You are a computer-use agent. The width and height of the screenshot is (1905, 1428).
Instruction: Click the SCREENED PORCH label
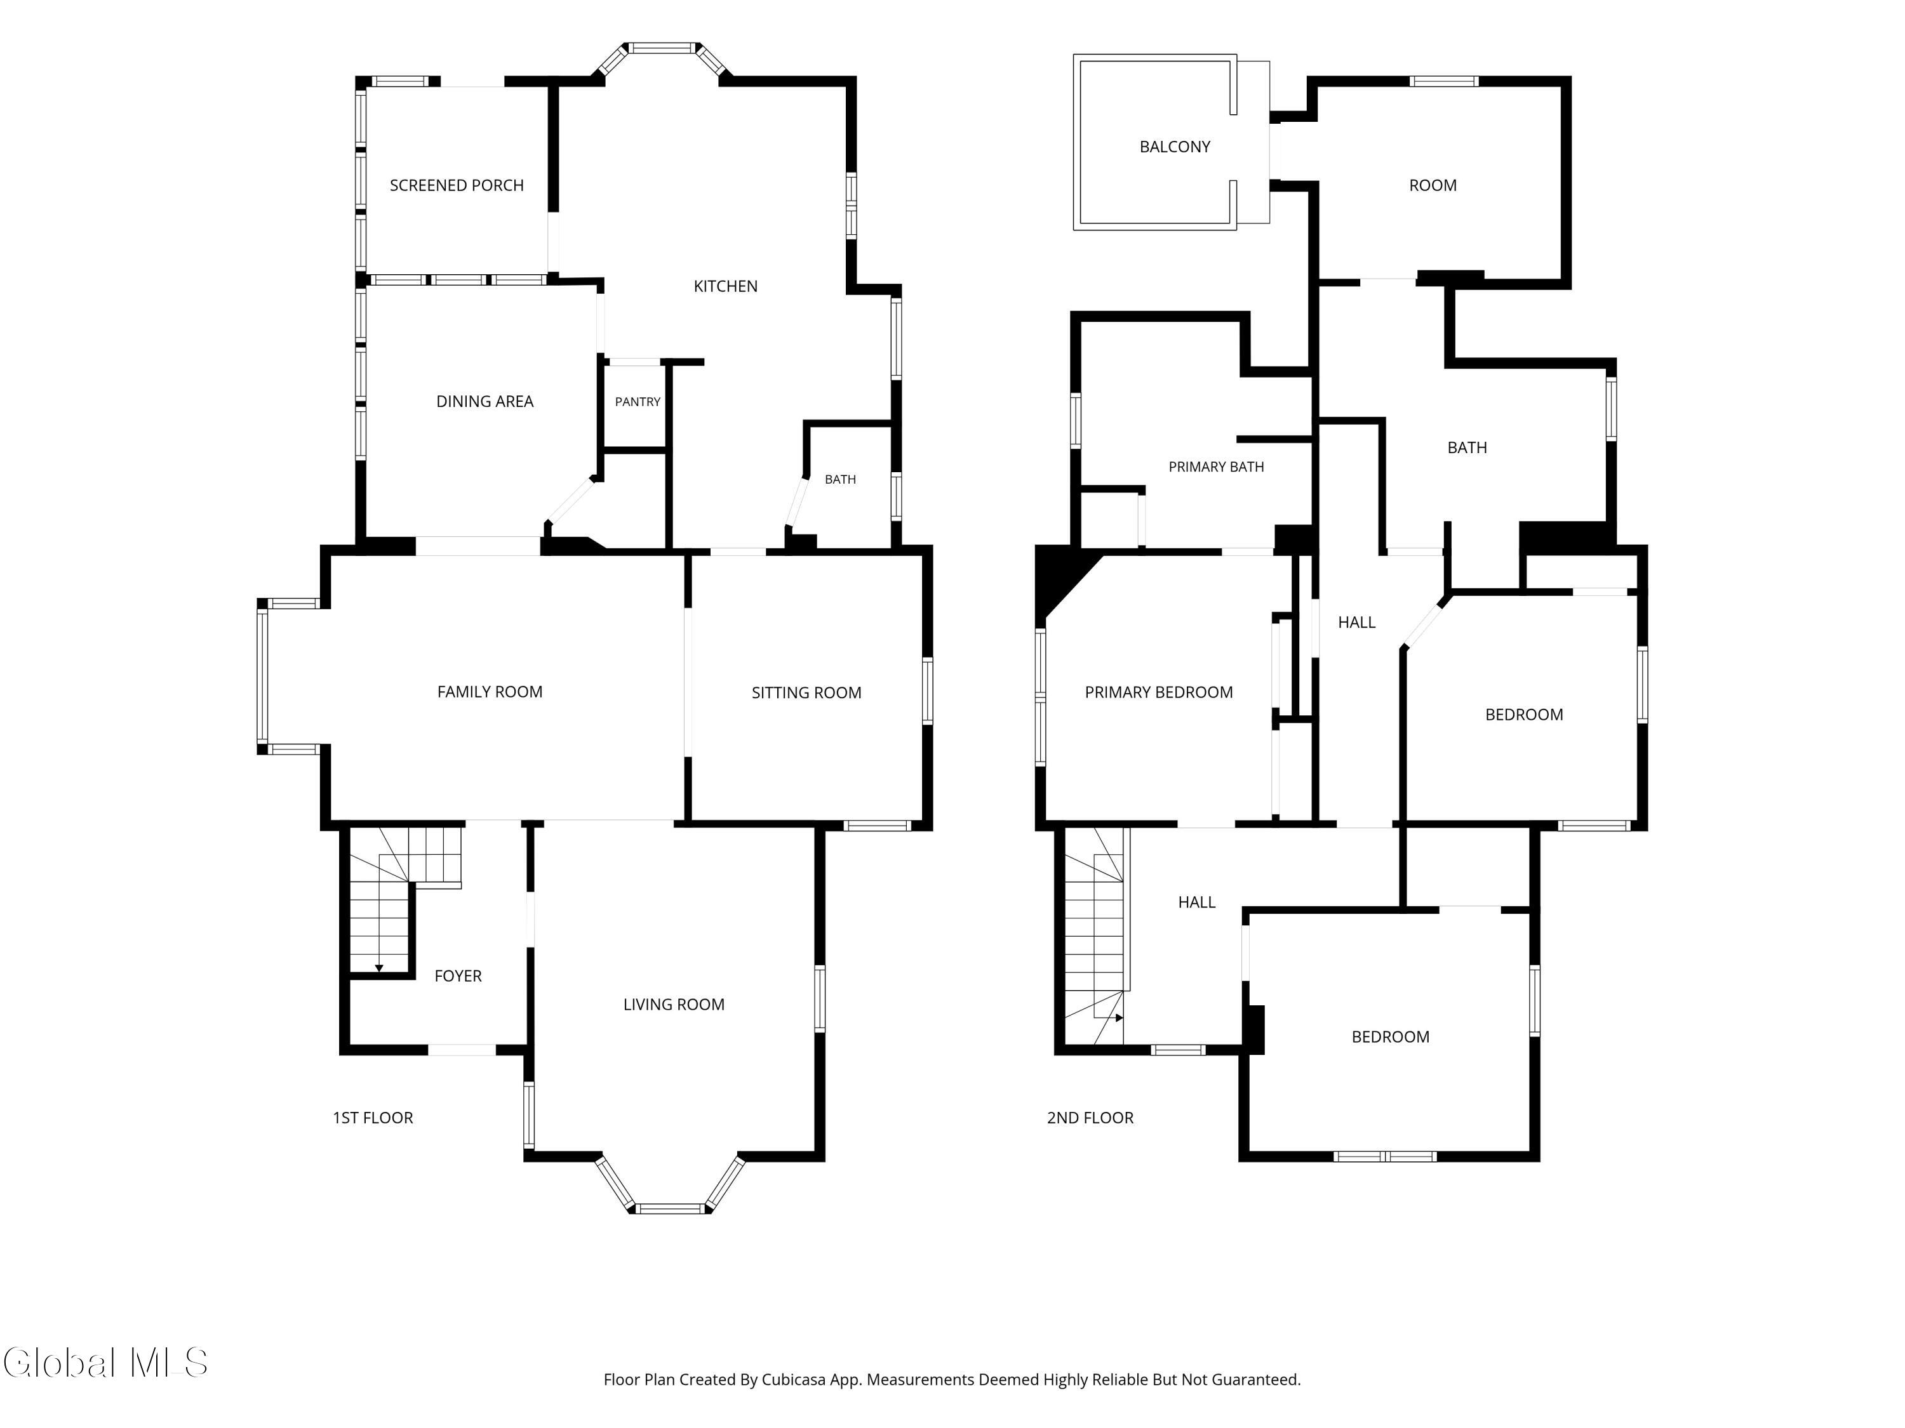[457, 185]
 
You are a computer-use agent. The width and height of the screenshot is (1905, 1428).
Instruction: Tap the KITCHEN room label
[725, 286]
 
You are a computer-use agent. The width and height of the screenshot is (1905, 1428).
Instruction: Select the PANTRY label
[638, 402]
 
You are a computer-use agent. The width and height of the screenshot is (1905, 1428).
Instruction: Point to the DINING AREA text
[485, 401]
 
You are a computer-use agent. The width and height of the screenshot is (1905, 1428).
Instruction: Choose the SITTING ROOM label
[806, 692]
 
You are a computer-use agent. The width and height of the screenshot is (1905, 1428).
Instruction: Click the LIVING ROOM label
[674, 1005]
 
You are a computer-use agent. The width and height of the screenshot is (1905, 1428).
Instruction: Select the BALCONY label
[1175, 147]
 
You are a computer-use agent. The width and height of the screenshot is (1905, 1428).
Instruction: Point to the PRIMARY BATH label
[1216, 466]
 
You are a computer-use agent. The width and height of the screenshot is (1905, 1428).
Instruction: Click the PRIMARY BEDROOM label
[1158, 692]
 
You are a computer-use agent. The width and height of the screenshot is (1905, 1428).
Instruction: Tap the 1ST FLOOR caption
[373, 1117]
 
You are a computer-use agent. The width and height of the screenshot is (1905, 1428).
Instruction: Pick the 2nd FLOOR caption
[1090, 1117]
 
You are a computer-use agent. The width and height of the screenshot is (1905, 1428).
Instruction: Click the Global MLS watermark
[105, 1363]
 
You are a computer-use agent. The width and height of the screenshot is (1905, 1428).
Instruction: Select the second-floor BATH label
[1467, 447]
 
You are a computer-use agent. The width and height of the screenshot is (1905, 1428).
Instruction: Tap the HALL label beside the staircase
[1196, 902]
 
